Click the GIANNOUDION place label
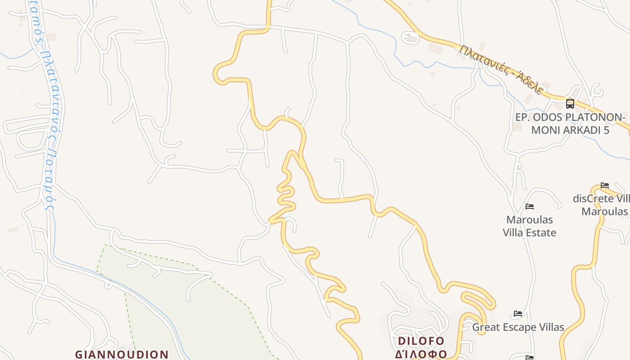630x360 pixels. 121,354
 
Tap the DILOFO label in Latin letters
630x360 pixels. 421,341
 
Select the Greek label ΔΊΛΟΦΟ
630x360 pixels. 421,354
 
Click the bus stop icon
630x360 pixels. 570,104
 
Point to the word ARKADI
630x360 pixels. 580,130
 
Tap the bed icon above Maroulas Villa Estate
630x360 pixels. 530,207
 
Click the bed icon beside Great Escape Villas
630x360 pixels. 518,314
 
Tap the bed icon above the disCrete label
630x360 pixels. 605,185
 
